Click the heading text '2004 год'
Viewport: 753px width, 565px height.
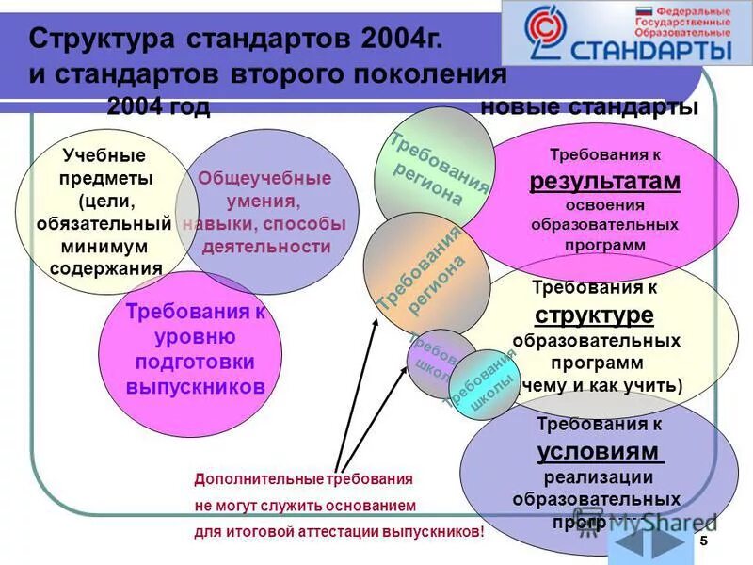(x=158, y=107)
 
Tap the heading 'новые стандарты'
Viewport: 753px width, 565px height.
(x=588, y=107)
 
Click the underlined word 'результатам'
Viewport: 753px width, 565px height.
(x=604, y=181)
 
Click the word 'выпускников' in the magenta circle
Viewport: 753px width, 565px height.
(x=195, y=387)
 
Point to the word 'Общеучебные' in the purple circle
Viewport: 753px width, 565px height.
(x=264, y=178)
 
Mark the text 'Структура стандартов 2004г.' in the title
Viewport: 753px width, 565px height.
(x=235, y=40)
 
